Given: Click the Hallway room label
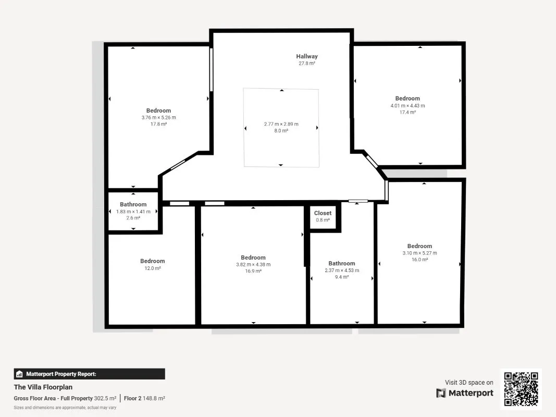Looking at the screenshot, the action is point(307,56).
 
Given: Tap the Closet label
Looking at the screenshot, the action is point(323,213).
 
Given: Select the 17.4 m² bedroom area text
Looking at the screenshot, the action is point(408,112).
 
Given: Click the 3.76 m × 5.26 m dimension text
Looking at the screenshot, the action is point(158,117).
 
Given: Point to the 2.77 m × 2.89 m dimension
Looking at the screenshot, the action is point(281,124).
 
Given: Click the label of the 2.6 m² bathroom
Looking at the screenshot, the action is point(133,205).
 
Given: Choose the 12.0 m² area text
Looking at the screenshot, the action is point(153,268).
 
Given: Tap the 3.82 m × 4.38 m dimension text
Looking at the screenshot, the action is point(253,264).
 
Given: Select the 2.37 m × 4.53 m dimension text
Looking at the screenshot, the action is point(342,270).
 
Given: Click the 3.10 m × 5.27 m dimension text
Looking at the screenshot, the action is point(419,253).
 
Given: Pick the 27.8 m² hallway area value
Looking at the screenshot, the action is point(307,64).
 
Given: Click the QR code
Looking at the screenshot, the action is point(521,389).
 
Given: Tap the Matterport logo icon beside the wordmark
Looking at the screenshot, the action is point(441,393).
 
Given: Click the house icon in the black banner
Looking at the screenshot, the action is point(19,374).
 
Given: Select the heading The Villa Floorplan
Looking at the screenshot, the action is point(43,387).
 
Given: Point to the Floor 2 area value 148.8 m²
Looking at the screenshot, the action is point(154,398).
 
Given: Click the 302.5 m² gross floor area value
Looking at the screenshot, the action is point(105,398).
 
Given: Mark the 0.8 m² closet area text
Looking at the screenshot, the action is point(323,220).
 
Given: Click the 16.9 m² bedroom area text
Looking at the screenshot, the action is point(253,271).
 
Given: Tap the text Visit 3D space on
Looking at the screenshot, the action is point(469,382).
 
